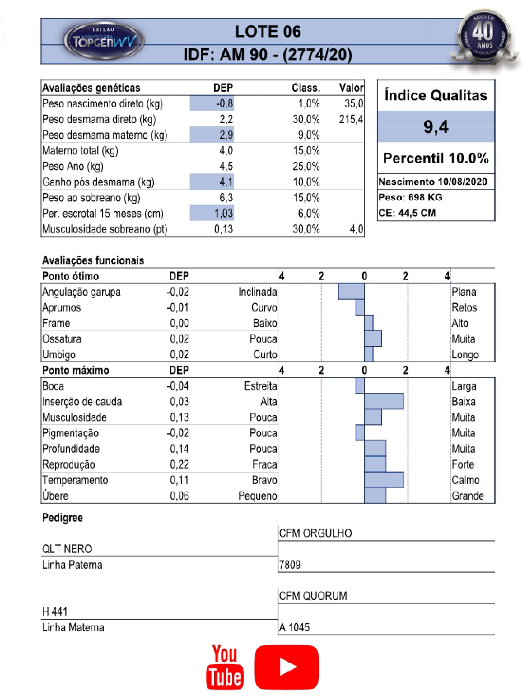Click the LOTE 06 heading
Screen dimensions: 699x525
click(x=268, y=32)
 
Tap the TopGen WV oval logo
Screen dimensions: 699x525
click(x=104, y=41)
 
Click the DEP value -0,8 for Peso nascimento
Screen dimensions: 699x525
click(x=224, y=103)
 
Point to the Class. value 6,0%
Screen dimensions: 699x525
click(x=308, y=213)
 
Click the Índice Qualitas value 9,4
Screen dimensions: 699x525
click(x=436, y=127)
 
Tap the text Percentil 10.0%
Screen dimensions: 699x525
click(x=436, y=158)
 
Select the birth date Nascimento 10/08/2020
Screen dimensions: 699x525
click(x=433, y=182)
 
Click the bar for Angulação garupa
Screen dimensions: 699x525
click(x=351, y=292)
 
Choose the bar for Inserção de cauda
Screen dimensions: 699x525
click(x=384, y=401)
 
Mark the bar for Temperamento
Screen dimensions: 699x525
click(x=384, y=480)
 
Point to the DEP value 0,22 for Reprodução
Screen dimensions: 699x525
click(x=179, y=464)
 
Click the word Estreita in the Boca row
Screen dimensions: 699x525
click(x=260, y=386)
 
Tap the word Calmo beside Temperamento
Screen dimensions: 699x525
click(x=465, y=480)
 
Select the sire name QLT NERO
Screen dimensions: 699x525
click(x=67, y=549)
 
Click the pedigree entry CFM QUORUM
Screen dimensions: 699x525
click(x=313, y=596)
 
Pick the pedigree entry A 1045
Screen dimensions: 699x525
click(x=294, y=627)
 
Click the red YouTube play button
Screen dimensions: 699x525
click(x=287, y=667)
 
